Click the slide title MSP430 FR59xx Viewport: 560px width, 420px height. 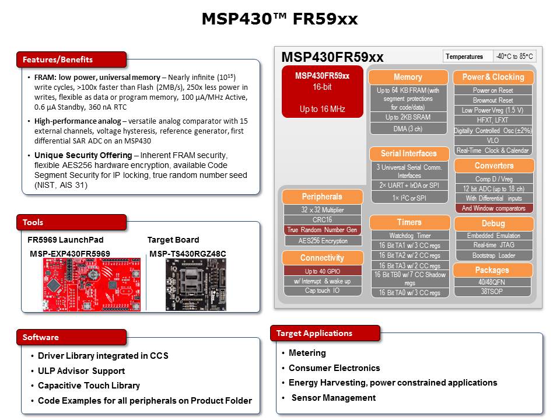pos(279,19)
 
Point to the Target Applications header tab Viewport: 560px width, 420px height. pos(324,334)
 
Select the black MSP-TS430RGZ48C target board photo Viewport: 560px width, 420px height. pos(188,283)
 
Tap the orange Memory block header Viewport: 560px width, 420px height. pos(408,77)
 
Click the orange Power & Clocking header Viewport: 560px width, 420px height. pos(493,77)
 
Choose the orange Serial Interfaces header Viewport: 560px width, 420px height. pos(408,153)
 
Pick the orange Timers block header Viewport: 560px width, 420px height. pos(409,222)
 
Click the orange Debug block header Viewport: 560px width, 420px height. pos(493,223)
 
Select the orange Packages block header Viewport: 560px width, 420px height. pos(493,270)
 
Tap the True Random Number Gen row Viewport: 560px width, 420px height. pos(323,230)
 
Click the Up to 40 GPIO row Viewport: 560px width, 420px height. pos(323,271)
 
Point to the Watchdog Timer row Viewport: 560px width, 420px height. pos(409,236)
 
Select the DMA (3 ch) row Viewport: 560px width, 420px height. pos(408,129)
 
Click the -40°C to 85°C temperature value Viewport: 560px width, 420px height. pos(514,57)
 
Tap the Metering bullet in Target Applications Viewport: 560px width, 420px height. pos(307,353)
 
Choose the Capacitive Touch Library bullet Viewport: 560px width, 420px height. pos(89,386)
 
